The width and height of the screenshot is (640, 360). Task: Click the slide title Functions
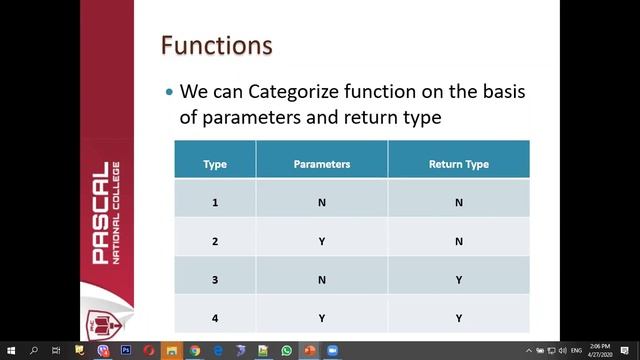[x=217, y=46]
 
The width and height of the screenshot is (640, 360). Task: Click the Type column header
[x=214, y=164]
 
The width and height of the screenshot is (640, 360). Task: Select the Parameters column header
[x=321, y=164]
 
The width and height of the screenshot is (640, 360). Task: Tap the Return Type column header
[x=458, y=164]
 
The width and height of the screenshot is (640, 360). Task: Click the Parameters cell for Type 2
[x=321, y=241]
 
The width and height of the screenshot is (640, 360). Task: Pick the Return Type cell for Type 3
[x=458, y=280]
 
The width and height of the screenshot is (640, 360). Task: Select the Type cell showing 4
[x=214, y=318]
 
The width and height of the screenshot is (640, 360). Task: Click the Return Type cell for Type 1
[x=458, y=202]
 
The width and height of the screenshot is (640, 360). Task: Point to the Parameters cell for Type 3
[x=321, y=280]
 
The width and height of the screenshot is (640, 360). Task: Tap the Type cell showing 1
[x=214, y=202]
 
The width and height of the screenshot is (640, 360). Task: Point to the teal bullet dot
[x=169, y=92]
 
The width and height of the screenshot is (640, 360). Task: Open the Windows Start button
[x=11, y=351]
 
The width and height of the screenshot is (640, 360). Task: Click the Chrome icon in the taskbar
[x=195, y=351]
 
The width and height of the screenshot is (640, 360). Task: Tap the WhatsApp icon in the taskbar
[x=287, y=351]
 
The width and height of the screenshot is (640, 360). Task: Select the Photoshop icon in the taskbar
[x=126, y=351]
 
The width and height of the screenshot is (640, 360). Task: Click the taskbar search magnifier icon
[x=34, y=351]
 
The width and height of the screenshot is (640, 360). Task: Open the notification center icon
[x=626, y=351]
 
